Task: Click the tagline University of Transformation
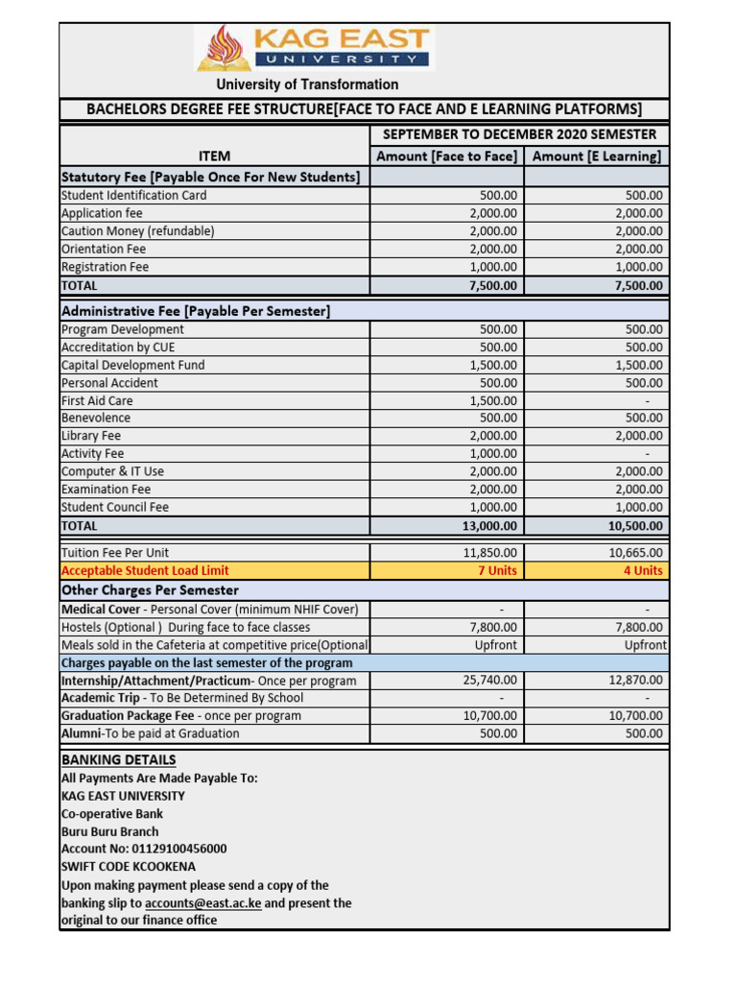(x=307, y=84)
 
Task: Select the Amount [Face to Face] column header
(x=446, y=156)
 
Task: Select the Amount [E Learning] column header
(x=596, y=156)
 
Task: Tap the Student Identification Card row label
(x=133, y=195)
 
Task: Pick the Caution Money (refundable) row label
(x=137, y=230)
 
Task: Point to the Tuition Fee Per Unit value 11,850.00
(x=491, y=552)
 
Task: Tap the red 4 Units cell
(x=643, y=570)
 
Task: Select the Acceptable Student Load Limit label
(x=145, y=570)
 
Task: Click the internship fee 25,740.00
(x=491, y=680)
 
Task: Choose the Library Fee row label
(x=91, y=436)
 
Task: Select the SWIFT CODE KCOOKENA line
(x=130, y=867)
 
